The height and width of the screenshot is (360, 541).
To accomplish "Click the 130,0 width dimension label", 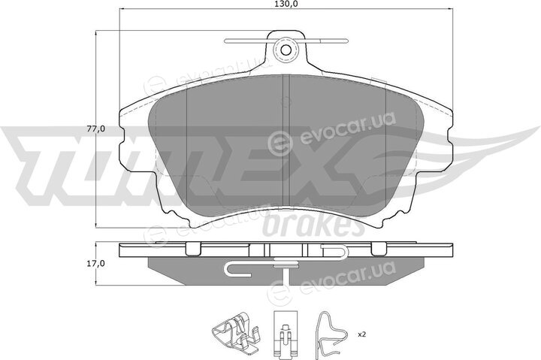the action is tap(286, 4).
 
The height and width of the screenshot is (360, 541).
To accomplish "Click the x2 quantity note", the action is tap(362, 334).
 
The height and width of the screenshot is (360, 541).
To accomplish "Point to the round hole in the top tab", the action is tap(286, 50).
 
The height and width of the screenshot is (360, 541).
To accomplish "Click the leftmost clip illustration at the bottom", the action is tap(234, 334).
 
